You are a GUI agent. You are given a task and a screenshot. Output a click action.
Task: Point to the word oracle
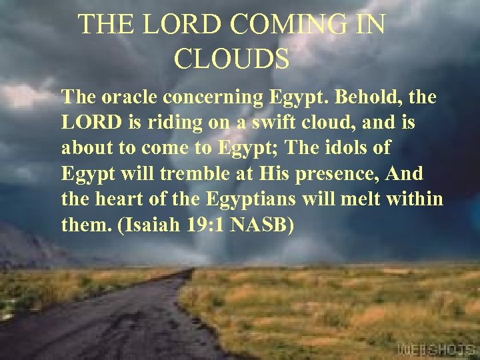[x=127, y=97]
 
